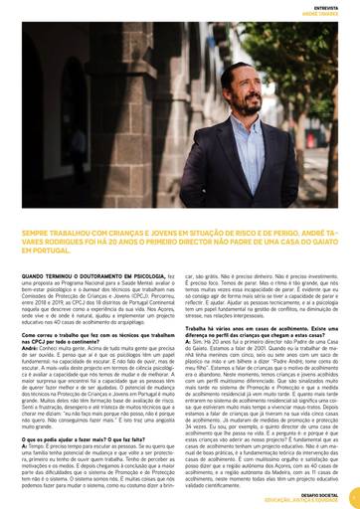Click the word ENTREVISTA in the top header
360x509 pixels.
click(325, 5)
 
